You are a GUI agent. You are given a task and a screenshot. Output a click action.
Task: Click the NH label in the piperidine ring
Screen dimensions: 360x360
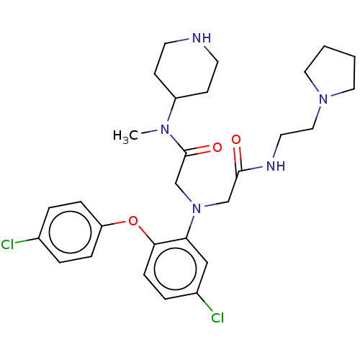[x=202, y=38]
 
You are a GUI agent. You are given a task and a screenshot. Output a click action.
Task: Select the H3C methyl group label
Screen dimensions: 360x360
[x=125, y=136]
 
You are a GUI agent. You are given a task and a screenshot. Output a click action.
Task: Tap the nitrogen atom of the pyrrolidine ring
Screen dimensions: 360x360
[x=323, y=99]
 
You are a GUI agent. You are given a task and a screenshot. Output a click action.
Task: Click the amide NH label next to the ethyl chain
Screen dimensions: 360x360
[x=276, y=166]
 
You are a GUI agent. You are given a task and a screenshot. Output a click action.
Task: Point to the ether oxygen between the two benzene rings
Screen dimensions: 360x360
[x=133, y=221]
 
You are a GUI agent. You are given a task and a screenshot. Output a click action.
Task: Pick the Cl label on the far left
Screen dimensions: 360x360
[x=7, y=245]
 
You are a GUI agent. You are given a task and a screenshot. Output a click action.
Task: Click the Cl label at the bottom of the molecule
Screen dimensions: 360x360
[x=217, y=318]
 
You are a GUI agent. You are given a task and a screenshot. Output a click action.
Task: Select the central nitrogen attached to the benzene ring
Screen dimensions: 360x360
[x=197, y=208]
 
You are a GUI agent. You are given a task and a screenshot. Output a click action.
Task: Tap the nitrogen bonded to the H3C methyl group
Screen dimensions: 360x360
[x=165, y=130]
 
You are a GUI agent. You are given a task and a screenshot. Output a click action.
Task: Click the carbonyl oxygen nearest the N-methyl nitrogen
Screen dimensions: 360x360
[x=217, y=148]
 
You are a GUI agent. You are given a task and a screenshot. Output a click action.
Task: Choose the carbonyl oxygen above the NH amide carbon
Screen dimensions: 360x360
[x=236, y=140]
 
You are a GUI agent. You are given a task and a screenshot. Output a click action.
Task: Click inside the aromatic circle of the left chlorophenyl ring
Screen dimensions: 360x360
[x=70, y=232]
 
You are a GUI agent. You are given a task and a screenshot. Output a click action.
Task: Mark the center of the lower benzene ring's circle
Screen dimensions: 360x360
[x=176, y=269]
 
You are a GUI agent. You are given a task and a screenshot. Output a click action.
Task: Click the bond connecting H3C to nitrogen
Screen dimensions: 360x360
[x=149, y=132]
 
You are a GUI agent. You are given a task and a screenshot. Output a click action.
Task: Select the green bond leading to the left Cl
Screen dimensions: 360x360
[x=27, y=240]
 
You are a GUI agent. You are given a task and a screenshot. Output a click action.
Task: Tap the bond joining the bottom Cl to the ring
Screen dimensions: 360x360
[x=204, y=302]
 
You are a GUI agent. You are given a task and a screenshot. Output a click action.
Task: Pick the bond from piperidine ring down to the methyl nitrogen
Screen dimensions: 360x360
[x=172, y=109]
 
